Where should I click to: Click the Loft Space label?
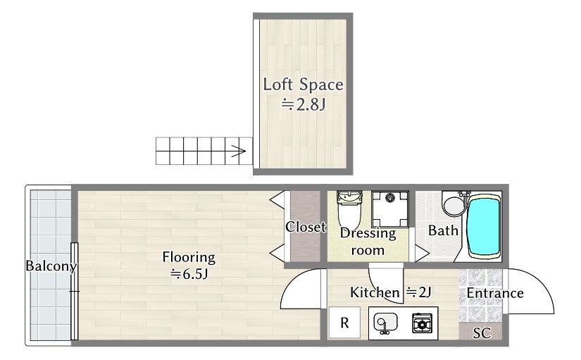[303, 85]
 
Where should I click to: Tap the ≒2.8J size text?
[303, 104]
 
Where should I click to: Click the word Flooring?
[189, 257]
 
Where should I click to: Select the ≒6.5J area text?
[189, 274]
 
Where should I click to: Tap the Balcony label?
[51, 266]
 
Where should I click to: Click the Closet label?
[306, 227]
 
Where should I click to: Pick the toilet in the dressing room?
[349, 209]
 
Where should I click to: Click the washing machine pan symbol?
[390, 209]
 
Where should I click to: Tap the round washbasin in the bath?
[453, 206]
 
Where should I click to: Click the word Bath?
[443, 230]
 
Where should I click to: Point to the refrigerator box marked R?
[344, 323]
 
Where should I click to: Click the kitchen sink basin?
[385, 322]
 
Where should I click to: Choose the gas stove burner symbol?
[422, 323]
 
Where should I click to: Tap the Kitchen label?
[375, 292]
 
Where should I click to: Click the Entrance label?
[495, 293]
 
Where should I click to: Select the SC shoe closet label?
[482, 333]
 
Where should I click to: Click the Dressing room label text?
[368, 242]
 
